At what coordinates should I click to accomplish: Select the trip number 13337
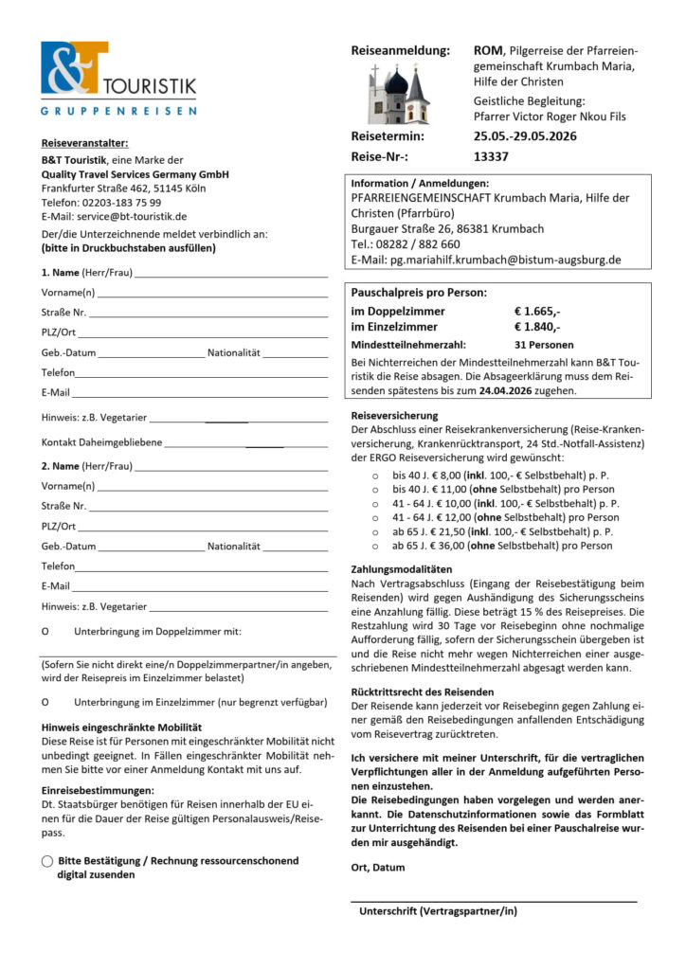coord(491,157)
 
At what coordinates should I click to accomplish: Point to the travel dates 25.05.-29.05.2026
coord(525,135)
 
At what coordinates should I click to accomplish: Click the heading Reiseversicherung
coord(394,416)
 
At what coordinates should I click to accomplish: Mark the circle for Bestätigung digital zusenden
coord(46,861)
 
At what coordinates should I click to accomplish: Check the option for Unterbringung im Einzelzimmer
coord(45,702)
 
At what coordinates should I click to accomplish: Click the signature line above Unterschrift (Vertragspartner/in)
coord(493,900)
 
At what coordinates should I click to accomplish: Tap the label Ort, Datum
coord(377,867)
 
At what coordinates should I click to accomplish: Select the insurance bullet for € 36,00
coord(375,546)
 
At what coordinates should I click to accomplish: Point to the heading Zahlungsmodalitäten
coord(402,569)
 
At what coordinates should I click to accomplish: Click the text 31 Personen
coord(544,345)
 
